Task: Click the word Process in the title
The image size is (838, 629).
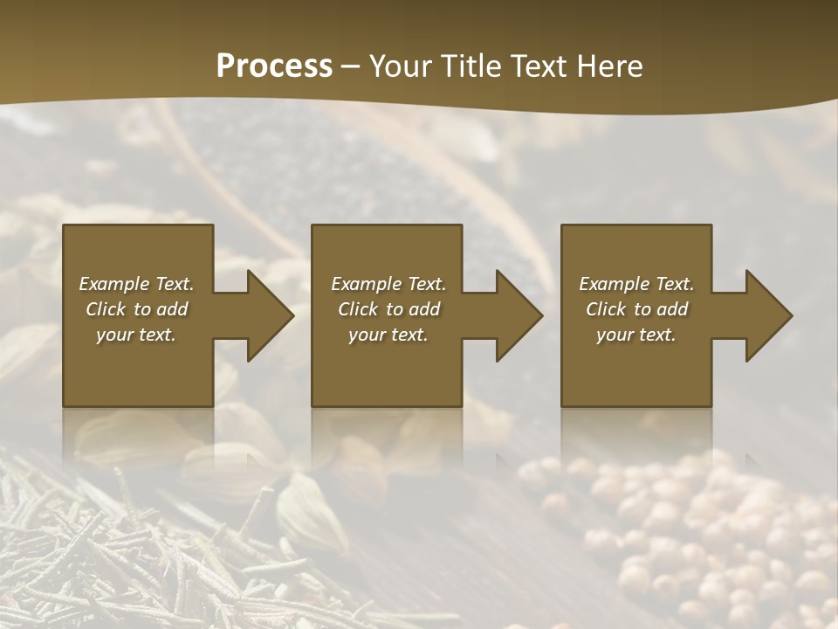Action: tap(274, 66)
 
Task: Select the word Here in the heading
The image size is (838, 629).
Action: tap(610, 66)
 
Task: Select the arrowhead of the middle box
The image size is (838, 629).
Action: tap(518, 315)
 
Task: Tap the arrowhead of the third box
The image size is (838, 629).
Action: tap(767, 315)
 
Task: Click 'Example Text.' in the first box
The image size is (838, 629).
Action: tap(136, 284)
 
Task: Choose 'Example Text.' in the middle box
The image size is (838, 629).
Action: tap(388, 284)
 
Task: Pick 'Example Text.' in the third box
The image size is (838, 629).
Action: tap(636, 284)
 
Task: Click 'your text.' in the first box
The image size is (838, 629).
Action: tap(136, 335)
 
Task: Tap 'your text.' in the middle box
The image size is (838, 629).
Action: tap(388, 335)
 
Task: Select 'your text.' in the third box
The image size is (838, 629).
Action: tap(636, 335)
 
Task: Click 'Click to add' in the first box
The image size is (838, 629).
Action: tap(136, 309)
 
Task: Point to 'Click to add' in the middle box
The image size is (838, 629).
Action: tap(388, 309)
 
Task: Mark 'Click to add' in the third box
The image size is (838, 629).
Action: tap(636, 309)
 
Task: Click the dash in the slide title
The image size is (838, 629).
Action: tap(351, 67)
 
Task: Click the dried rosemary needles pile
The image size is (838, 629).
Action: tap(131, 559)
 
